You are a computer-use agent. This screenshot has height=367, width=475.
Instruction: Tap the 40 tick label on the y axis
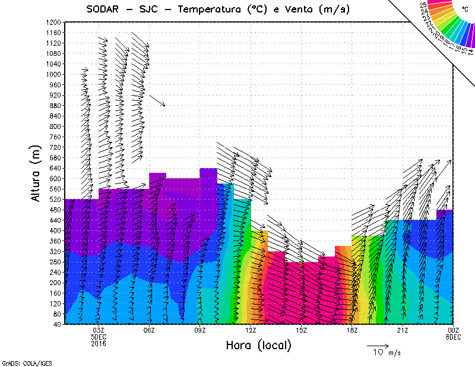click(x=56, y=324)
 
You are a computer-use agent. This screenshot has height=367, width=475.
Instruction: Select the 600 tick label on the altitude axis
click(x=55, y=178)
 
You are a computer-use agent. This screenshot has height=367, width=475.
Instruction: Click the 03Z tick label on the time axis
click(x=99, y=330)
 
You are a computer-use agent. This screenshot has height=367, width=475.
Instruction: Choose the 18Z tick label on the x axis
click(x=352, y=330)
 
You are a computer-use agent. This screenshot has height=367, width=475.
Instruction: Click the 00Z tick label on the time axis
click(x=454, y=330)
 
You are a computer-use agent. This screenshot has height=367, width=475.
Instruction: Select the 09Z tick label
click(x=200, y=330)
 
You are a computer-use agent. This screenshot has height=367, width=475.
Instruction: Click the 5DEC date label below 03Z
click(x=99, y=337)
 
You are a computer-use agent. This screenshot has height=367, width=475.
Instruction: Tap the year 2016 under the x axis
click(x=99, y=343)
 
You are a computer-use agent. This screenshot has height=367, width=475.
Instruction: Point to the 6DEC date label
click(x=454, y=337)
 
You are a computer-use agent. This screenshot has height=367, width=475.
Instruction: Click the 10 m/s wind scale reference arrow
click(x=378, y=345)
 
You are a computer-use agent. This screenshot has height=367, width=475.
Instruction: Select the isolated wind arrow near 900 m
click(x=157, y=100)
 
